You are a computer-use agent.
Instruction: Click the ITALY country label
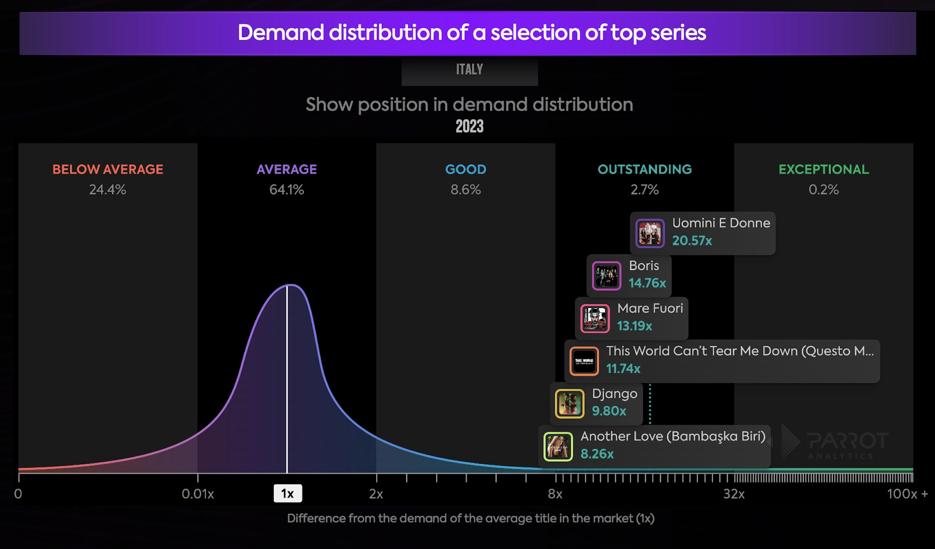(469, 69)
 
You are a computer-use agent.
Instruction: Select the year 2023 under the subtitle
(469, 126)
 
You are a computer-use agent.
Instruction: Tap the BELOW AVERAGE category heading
(108, 169)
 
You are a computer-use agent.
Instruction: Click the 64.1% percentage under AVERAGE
(286, 190)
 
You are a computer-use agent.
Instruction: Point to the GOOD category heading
(465, 169)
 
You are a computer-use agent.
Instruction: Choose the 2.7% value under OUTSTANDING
(644, 190)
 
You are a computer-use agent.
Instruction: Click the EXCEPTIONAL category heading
(823, 169)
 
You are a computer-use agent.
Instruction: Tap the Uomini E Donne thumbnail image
(650, 233)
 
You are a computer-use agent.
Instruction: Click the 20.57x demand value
(692, 241)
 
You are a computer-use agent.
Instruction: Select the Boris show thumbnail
(606, 276)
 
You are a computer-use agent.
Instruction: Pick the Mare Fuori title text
(650, 308)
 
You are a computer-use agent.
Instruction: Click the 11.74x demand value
(623, 369)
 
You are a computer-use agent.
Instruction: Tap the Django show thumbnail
(569, 404)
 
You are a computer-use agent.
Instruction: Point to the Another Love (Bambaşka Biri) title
(673, 436)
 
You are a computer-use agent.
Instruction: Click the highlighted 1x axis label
(288, 494)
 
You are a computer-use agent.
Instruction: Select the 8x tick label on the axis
(555, 494)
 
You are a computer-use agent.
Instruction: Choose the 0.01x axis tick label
(198, 494)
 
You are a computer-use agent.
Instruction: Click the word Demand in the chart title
(281, 33)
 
